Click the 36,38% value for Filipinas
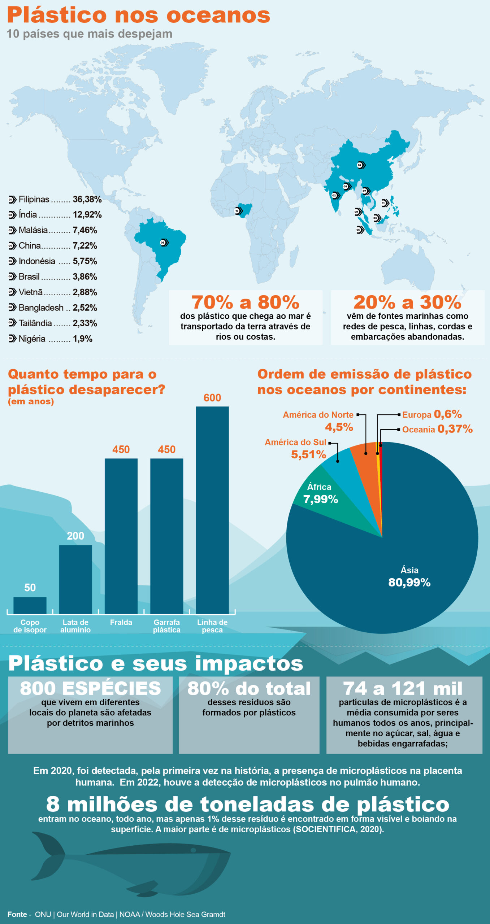pyautogui.click(x=87, y=199)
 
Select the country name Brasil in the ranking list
pyautogui.click(x=29, y=276)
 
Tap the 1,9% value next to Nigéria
pyautogui.click(x=83, y=339)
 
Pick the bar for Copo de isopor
pyautogui.click(x=30, y=605)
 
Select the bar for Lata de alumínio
pyautogui.click(x=75, y=579)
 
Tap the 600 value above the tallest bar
pyautogui.click(x=212, y=398)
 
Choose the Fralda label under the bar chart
pyautogui.click(x=121, y=623)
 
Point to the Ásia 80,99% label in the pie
pyautogui.click(x=409, y=576)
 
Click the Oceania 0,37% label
pyautogui.click(x=437, y=429)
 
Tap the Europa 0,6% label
pyautogui.click(x=432, y=414)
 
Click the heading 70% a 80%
pyautogui.click(x=245, y=302)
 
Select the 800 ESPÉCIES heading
pyautogui.click(x=90, y=688)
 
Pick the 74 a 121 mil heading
pyautogui.click(x=403, y=688)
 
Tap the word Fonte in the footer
pyautogui.click(x=17, y=914)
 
